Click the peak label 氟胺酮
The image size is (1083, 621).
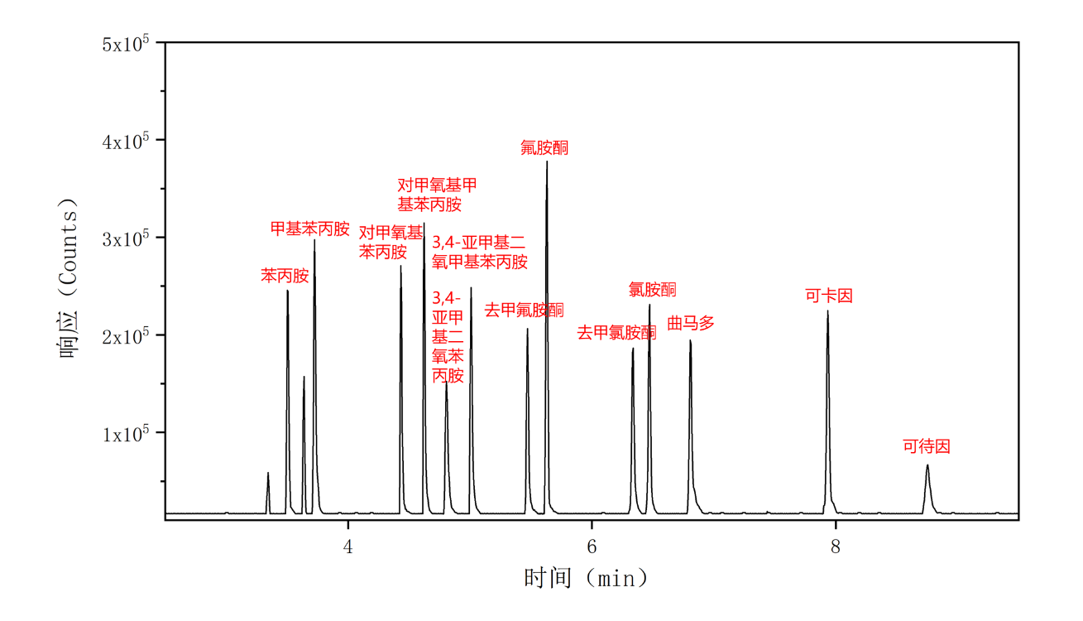544,148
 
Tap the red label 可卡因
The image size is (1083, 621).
829,296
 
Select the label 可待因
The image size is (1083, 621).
927,446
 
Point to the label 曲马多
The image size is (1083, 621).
691,323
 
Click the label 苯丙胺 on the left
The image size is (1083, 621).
285,276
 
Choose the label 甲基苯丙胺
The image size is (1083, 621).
310,229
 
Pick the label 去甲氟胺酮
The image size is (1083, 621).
524,310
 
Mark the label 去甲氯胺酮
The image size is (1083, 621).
616,333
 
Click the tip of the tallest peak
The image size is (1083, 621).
547,161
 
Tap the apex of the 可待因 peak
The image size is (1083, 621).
927,465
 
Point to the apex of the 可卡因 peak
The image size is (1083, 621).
827,311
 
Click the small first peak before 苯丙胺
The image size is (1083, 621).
268,474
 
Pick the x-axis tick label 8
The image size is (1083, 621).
835,546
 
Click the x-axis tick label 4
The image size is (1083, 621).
348,546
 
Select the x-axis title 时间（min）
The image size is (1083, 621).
586,577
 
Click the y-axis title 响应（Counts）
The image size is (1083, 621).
69,277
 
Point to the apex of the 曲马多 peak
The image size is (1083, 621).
690,340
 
